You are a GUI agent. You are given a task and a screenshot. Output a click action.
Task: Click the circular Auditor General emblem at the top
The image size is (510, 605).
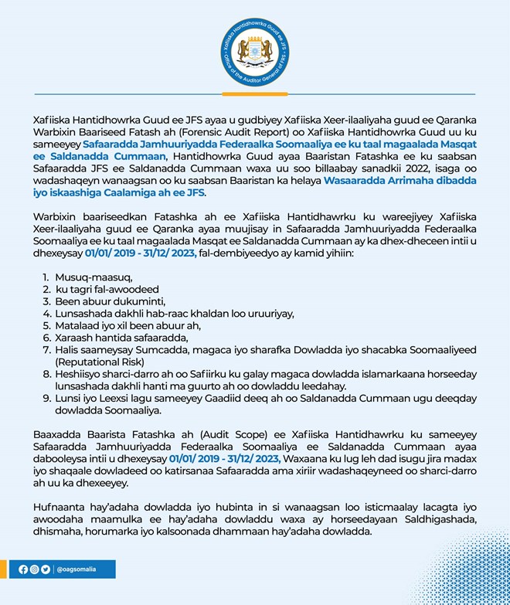pos(254,52)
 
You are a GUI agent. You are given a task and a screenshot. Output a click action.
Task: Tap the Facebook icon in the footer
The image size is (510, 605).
pos(24,569)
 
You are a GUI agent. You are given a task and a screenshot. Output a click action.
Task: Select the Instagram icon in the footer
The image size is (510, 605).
pos(35,569)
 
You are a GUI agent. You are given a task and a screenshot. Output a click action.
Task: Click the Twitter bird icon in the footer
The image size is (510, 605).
pos(46,569)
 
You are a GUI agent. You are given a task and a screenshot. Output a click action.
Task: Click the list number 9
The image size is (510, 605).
pos(46,399)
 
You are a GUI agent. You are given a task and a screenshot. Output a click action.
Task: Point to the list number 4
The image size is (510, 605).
pos(46,313)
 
